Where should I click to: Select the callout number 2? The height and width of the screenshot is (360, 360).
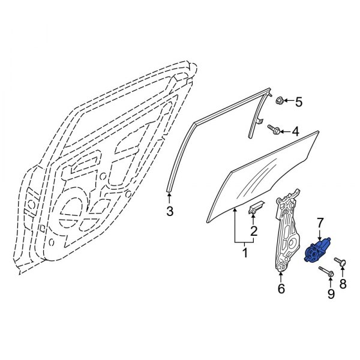(253, 231)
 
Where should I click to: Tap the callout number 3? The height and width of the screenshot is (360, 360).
(170, 211)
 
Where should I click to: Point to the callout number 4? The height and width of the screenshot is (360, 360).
(295, 131)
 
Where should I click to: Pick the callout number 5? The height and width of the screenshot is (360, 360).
(298, 102)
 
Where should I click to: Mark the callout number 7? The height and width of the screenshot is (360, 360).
(320, 223)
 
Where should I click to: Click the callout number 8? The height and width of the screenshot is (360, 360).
(343, 283)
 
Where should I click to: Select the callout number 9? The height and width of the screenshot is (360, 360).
(330, 294)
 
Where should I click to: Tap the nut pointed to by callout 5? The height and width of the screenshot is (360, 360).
(279, 101)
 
